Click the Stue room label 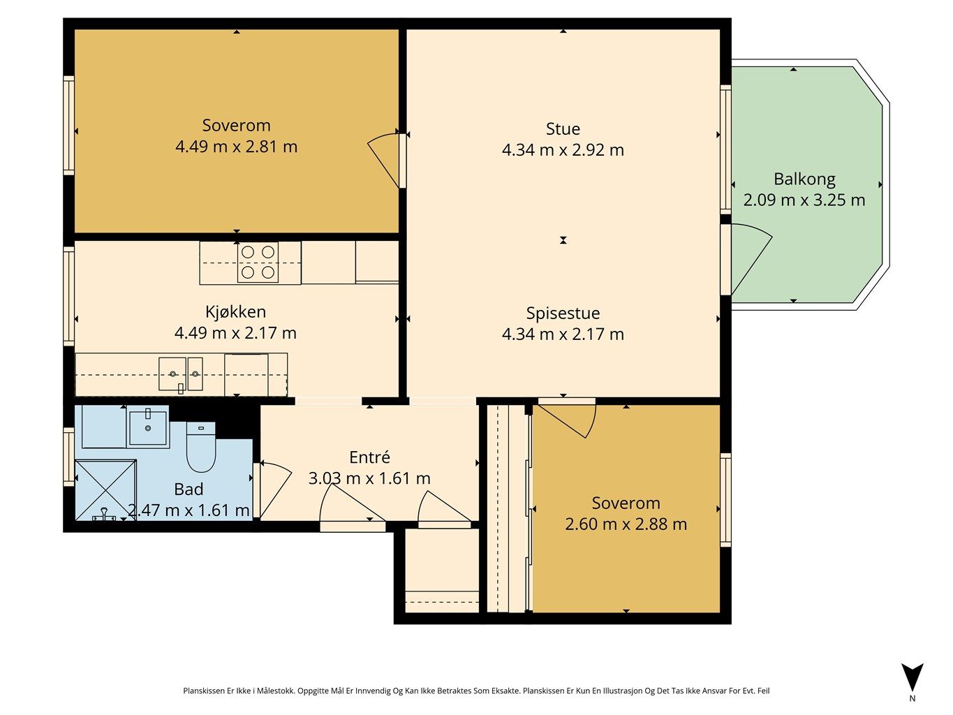tap(563, 129)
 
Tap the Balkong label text tap(804, 179)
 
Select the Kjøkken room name tap(235, 311)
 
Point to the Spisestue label tap(563, 314)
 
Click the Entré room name tap(369, 457)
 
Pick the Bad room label tap(189, 489)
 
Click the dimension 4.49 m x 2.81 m tap(236, 147)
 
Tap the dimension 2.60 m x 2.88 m tap(626, 524)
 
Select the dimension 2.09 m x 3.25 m tap(804, 200)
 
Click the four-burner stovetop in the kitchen tap(258, 263)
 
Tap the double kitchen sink tap(181, 374)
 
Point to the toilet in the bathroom tap(201, 447)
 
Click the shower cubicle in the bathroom tap(105, 489)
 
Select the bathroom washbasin tap(147, 427)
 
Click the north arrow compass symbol tap(913, 679)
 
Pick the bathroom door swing tap(274, 491)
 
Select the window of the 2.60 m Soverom tap(725, 500)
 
